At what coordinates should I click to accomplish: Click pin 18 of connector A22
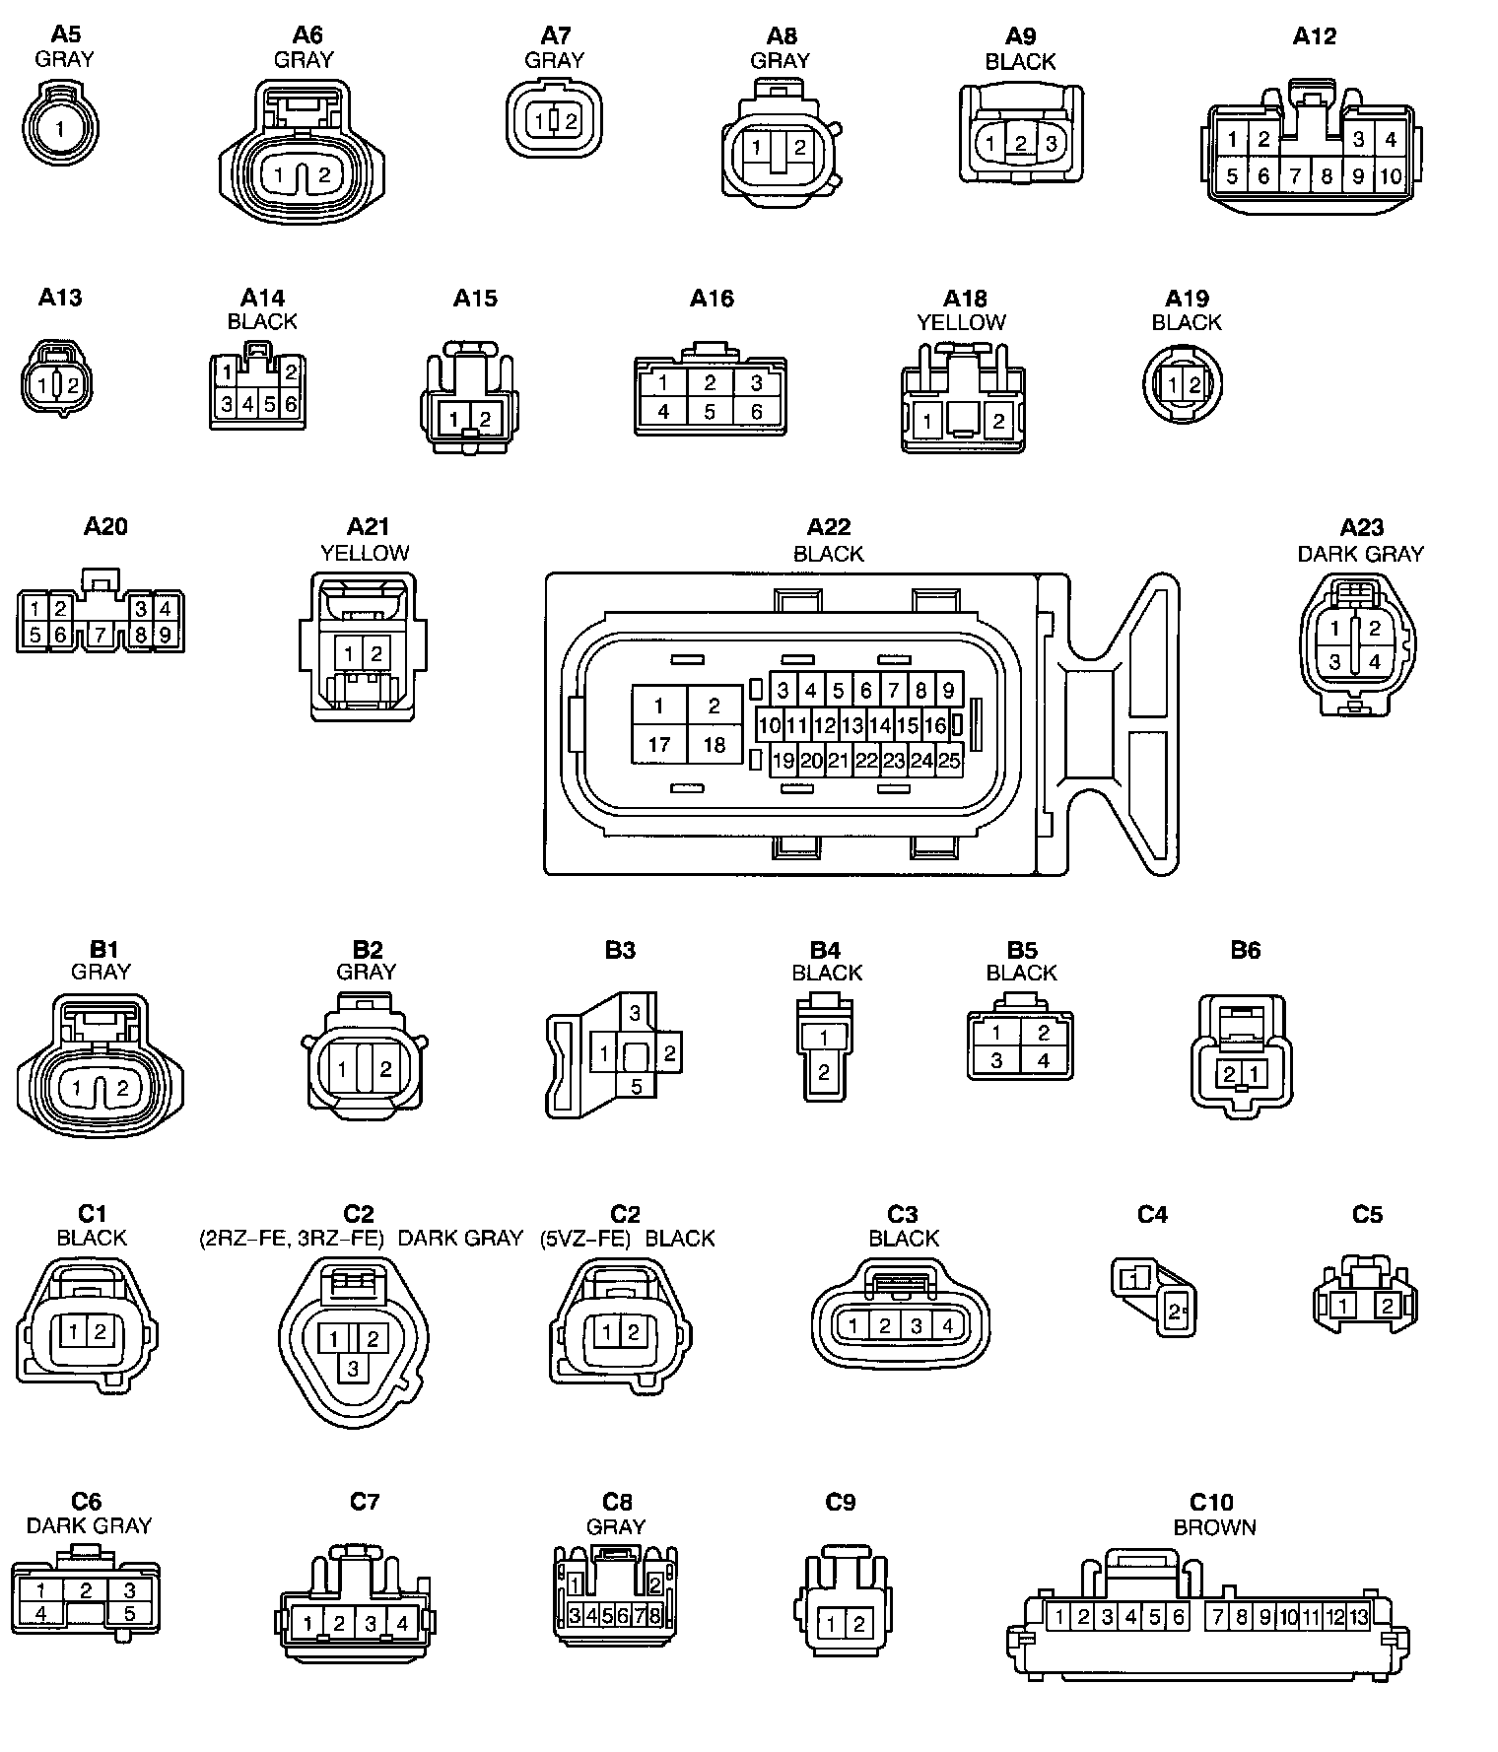coord(714,744)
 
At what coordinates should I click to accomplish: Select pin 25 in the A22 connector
coord(948,760)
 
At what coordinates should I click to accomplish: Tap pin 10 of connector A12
coord(1391,176)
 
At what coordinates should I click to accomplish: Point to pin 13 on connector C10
coord(1359,1616)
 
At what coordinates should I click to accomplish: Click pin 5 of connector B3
coord(637,1087)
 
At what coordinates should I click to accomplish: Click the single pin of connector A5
coord(61,128)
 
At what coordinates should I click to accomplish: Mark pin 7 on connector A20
coord(100,635)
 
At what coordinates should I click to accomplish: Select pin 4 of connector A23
coord(1375,662)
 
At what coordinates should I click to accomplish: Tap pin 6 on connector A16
coord(756,411)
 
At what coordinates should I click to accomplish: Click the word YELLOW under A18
coord(961,322)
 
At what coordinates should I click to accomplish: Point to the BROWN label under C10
coord(1214,1527)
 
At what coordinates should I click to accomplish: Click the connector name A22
coord(828,527)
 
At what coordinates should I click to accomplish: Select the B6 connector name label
coord(1245,950)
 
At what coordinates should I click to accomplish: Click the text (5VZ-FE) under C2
coord(584,1239)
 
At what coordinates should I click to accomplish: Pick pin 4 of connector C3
coord(947,1325)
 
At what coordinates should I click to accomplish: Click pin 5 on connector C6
coord(129,1614)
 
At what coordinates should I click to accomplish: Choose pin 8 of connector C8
coord(654,1615)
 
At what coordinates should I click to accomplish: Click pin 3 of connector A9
coord(1051,143)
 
